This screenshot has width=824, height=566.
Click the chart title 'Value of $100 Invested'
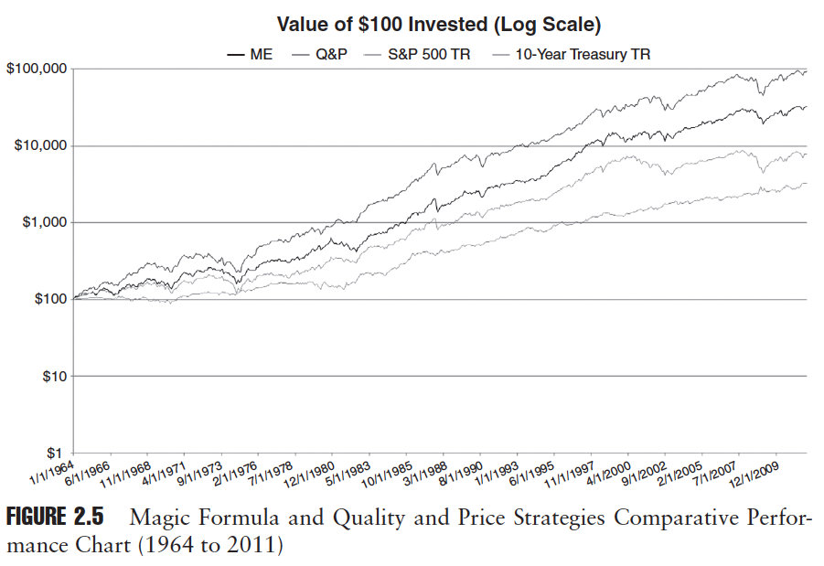(439, 24)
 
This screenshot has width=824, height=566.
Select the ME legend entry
(261, 55)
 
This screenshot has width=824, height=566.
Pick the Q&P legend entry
(330, 55)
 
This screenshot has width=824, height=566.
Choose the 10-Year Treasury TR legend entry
(582, 55)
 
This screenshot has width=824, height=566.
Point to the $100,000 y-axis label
(36, 69)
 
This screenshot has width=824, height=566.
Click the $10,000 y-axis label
(38, 146)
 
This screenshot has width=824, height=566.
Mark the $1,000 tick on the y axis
(42, 223)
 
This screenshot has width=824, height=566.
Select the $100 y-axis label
(47, 300)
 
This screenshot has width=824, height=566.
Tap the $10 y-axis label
(50, 377)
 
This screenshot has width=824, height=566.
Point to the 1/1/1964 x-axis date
(52, 469)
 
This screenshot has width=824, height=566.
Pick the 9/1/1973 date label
(200, 469)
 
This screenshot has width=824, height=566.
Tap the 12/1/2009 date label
(755, 470)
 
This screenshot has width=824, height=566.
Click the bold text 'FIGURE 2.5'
(55, 518)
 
